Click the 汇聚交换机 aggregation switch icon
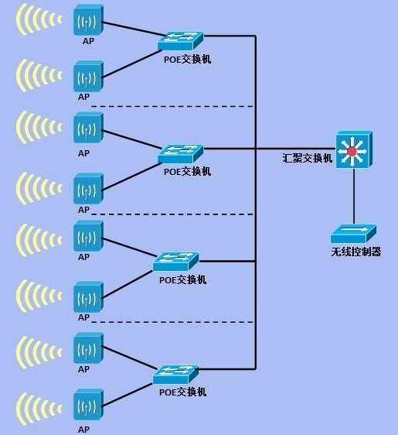[354, 149]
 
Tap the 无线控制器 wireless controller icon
[353, 234]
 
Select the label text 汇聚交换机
[307, 158]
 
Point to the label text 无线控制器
[356, 252]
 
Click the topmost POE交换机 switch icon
[181, 41]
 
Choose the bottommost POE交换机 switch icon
[176, 375]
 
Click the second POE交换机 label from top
[187, 172]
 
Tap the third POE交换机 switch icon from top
[176, 262]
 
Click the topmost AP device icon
[88, 20]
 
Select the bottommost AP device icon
[88, 405]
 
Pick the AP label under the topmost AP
[88, 41]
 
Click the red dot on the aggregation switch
[352, 152]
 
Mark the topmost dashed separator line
[172, 106]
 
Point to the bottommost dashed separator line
[172, 322]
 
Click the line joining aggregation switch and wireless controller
[354, 196]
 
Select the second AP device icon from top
[88, 77]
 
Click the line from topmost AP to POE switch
[134, 29]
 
